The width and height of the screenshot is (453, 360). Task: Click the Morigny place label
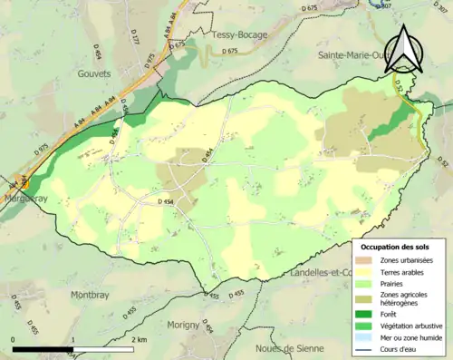184,326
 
